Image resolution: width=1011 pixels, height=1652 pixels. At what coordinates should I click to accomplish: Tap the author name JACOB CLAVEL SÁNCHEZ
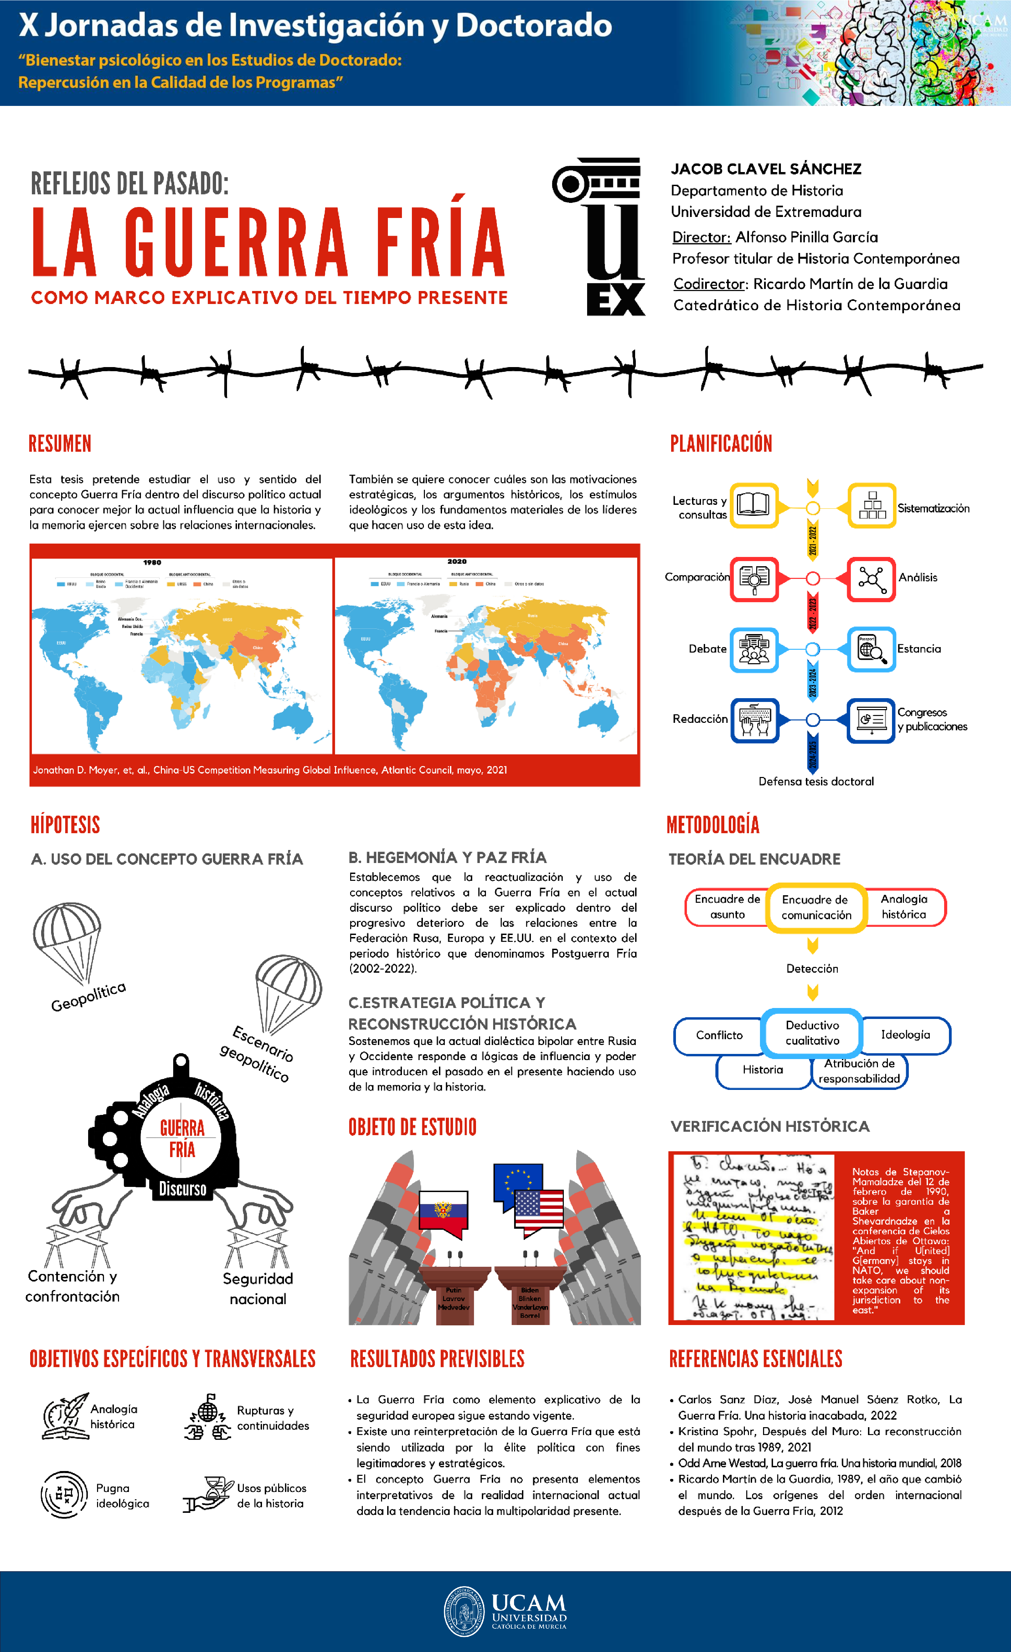coord(765,169)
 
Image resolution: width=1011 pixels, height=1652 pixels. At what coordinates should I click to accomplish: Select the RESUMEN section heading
coord(60,444)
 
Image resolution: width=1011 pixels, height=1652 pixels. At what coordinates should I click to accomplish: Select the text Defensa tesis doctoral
coord(816,781)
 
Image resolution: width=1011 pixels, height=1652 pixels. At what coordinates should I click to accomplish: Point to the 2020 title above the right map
coord(457,561)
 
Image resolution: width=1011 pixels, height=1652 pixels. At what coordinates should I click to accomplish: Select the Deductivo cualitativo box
coord(812,1032)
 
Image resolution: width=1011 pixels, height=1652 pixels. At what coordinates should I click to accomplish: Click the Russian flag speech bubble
coord(443,1212)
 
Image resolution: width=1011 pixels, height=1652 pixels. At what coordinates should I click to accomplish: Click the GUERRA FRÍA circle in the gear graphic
coord(182,1139)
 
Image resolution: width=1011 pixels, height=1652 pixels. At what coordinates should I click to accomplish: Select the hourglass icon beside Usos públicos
coord(209,1494)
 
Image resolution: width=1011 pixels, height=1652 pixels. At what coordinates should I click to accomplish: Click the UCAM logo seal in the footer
coord(464,1611)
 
